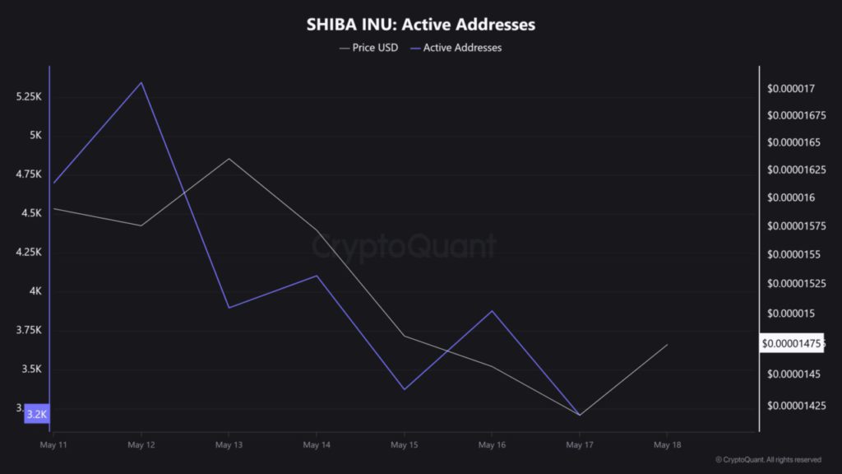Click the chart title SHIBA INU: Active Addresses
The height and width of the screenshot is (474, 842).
(x=420, y=25)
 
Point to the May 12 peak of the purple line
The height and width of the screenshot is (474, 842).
(x=141, y=82)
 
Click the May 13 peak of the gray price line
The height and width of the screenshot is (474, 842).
(x=229, y=158)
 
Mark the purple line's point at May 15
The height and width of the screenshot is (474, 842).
(x=404, y=389)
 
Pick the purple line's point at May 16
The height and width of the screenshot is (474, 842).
(x=492, y=310)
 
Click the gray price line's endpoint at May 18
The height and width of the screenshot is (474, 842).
(x=667, y=344)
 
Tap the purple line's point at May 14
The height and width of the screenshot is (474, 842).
(x=317, y=276)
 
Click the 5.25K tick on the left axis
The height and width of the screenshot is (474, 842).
(x=29, y=96)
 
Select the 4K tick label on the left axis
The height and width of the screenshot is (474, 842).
(x=35, y=291)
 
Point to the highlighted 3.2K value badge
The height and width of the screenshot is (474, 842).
(x=36, y=414)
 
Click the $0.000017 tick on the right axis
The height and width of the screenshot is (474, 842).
(x=790, y=88)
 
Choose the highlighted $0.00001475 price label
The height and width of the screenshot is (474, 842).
(x=791, y=343)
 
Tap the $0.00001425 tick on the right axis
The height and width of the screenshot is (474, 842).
(x=793, y=405)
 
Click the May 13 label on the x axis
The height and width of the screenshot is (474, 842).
(x=229, y=444)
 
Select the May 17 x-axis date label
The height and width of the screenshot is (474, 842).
(x=580, y=444)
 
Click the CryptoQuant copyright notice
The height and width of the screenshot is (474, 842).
(x=768, y=460)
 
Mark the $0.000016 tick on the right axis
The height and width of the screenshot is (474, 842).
(x=790, y=197)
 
